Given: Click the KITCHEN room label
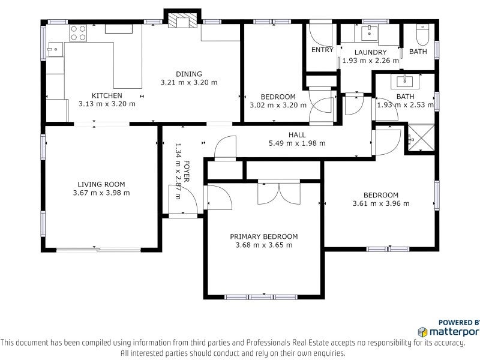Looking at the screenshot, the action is pyautogui.click(x=107, y=95).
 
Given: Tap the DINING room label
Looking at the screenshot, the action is pyautogui.click(x=189, y=74).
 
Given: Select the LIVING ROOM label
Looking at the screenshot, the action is pyautogui.click(x=101, y=184).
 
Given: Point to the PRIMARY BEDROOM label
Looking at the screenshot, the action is pyautogui.click(x=264, y=236).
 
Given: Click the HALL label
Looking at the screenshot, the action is pyautogui.click(x=297, y=134).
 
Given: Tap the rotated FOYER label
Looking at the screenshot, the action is pyautogui.click(x=186, y=171).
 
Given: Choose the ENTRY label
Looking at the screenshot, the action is pyautogui.click(x=322, y=50).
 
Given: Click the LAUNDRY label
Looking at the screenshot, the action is pyautogui.click(x=370, y=52).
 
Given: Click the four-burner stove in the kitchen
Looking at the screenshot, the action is pyautogui.click(x=78, y=34).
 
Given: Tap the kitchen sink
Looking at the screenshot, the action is pyautogui.click(x=55, y=49).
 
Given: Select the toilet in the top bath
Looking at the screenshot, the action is pyautogui.click(x=423, y=35).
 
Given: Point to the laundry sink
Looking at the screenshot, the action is pyautogui.click(x=370, y=33).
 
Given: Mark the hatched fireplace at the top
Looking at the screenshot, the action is pyautogui.click(x=183, y=20).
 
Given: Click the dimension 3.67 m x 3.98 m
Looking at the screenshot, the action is pyautogui.click(x=101, y=193).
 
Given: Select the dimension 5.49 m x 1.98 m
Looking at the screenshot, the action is pyautogui.click(x=297, y=143).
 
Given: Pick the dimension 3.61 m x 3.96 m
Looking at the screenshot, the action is pyautogui.click(x=381, y=203).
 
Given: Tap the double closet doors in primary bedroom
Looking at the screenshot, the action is pyautogui.click(x=279, y=192).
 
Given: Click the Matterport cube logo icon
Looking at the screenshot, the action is pyautogui.click(x=422, y=332).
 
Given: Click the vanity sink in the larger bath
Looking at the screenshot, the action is pyautogui.click(x=404, y=81).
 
